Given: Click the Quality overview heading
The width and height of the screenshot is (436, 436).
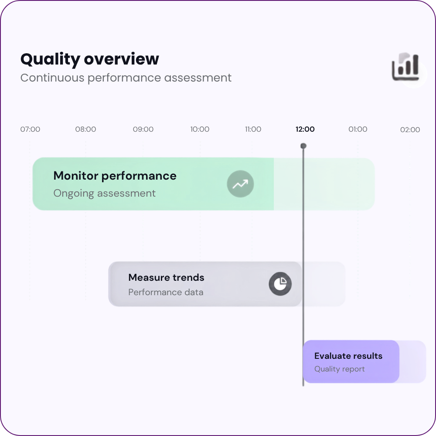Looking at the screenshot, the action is click(x=89, y=59).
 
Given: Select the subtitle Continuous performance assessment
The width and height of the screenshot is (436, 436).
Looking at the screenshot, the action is click(x=126, y=78).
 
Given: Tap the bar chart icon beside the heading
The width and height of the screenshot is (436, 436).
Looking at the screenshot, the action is click(x=405, y=67).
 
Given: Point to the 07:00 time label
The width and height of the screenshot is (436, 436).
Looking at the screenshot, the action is click(x=30, y=129).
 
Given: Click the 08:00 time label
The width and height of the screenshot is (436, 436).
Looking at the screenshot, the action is click(x=85, y=129).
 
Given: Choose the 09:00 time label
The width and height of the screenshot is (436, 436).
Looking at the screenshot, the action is click(x=143, y=129).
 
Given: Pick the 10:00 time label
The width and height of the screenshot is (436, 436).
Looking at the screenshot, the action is click(x=200, y=129).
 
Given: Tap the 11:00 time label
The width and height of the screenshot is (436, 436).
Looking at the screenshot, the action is click(x=253, y=129).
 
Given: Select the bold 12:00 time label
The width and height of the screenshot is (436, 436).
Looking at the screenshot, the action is click(x=305, y=129).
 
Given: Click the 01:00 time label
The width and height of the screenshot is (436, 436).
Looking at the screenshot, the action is click(x=358, y=129).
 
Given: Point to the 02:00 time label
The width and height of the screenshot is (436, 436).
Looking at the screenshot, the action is click(x=410, y=130).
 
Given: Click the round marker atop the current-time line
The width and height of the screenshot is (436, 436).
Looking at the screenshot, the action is click(x=303, y=146).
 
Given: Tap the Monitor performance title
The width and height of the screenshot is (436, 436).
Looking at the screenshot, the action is click(x=115, y=176).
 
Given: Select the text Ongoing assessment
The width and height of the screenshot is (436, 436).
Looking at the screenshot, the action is click(x=104, y=193).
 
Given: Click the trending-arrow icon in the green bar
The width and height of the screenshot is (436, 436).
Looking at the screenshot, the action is click(x=240, y=184).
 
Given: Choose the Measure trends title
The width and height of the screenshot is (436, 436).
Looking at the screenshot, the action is click(x=166, y=277).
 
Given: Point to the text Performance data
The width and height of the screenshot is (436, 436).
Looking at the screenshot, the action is click(x=166, y=292).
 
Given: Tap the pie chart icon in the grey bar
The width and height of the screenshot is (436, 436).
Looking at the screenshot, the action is click(x=280, y=284).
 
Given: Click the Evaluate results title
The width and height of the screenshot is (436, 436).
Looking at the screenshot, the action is click(x=348, y=356).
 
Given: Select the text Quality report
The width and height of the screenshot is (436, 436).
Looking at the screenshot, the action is click(x=340, y=369).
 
